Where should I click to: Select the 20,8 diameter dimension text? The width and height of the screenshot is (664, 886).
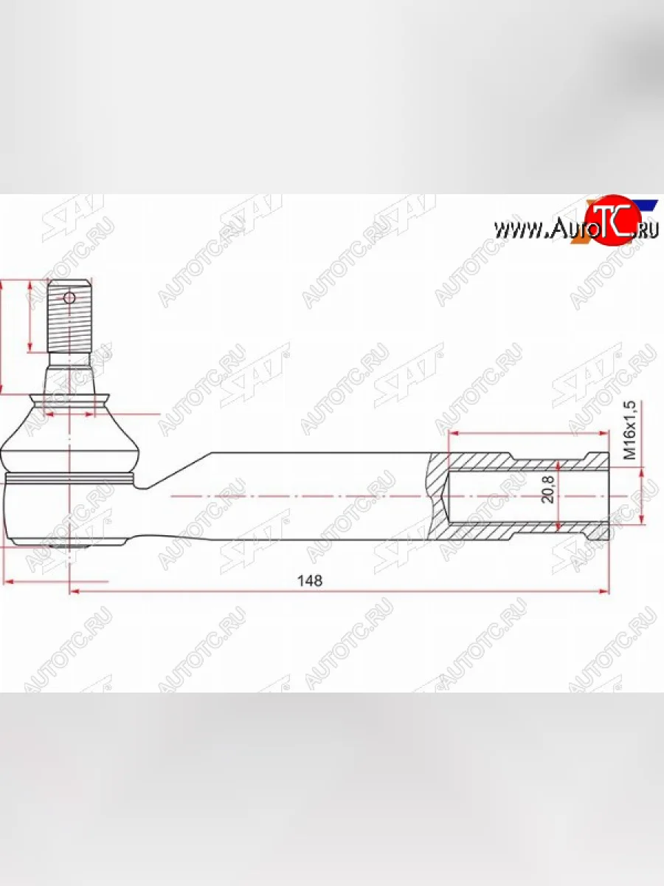(x=547, y=489)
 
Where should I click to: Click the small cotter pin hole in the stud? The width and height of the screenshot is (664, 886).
(x=69, y=298)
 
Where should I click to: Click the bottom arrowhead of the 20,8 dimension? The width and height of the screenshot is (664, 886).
(x=558, y=526)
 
